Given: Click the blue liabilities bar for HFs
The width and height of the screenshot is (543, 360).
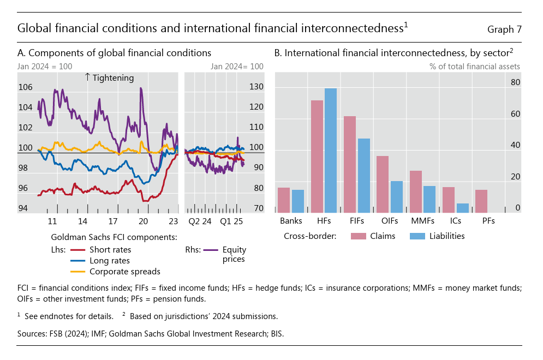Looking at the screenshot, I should pyautogui.click(x=331, y=150).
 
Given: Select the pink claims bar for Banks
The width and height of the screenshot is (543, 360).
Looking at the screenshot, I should pyautogui.click(x=284, y=200).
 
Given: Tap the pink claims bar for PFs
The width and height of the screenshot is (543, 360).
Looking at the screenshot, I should pyautogui.click(x=481, y=201).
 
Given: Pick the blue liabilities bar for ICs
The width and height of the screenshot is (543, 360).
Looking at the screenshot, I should pyautogui.click(x=462, y=208).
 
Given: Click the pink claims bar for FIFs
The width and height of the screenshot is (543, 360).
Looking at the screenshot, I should pyautogui.click(x=349, y=164).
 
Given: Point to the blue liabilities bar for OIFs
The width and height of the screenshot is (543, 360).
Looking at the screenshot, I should pyautogui.click(x=397, y=196).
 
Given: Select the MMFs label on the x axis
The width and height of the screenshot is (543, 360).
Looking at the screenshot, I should pyautogui.click(x=422, y=221).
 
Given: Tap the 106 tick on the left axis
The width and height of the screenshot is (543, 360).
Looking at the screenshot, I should pyautogui.click(x=25, y=87).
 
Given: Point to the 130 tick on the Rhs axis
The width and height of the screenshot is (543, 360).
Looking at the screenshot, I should pyautogui.click(x=256, y=87).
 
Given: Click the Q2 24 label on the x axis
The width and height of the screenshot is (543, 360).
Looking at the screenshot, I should pyautogui.click(x=200, y=221).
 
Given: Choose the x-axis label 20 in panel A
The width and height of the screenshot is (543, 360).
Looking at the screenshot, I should pyautogui.click(x=143, y=221).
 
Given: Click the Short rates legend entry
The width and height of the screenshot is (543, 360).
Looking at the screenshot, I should pyautogui.click(x=110, y=250).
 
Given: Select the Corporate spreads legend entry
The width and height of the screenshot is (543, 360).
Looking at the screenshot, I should pyautogui.click(x=124, y=271).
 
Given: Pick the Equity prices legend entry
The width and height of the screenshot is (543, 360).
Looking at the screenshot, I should pyautogui.click(x=234, y=254).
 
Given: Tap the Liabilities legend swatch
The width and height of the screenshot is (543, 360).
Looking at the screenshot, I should pyautogui.click(x=417, y=236).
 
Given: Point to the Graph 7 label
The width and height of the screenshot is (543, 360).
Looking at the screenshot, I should pyautogui.click(x=503, y=29).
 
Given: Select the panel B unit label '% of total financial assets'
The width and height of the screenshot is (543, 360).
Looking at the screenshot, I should pyautogui.click(x=474, y=67).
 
